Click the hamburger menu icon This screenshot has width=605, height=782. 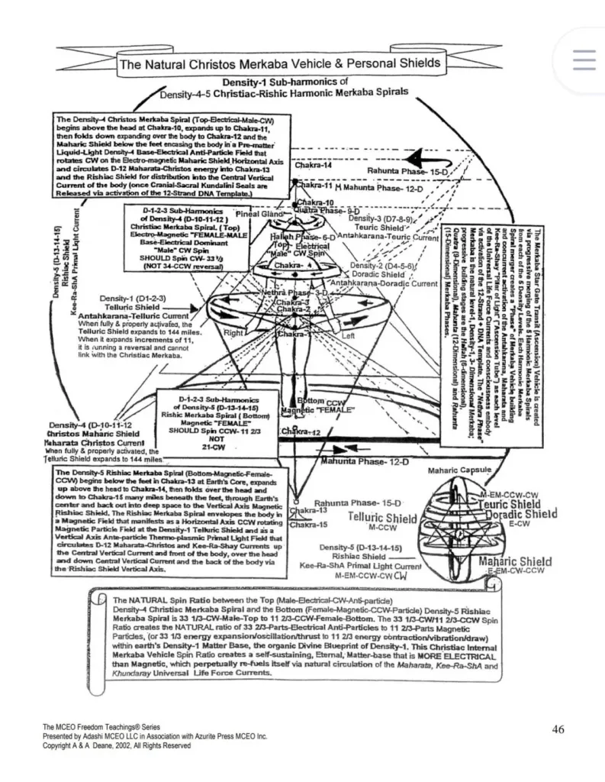pos(584,60)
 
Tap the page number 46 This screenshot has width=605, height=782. pos(558,729)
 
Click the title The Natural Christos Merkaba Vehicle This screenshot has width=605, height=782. pos(279,63)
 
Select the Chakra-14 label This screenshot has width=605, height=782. pos(314,164)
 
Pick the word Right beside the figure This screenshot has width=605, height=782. pos(233,333)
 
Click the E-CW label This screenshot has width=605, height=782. pos(519,523)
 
